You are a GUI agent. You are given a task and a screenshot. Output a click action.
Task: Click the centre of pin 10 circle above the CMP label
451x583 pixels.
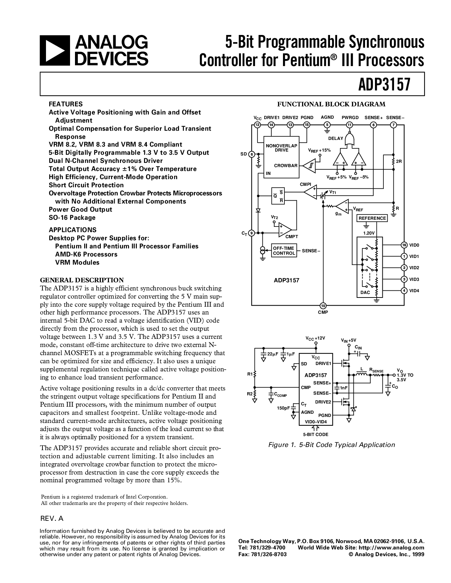pos(323,306)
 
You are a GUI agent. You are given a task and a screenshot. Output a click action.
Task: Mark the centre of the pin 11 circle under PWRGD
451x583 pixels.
pos(349,125)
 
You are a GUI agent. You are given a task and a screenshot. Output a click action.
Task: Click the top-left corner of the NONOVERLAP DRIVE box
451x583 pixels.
pos(264,136)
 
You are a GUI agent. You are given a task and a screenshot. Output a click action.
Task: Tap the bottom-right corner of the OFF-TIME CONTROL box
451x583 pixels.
pos(297,257)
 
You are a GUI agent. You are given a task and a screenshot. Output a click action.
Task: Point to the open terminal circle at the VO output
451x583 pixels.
pos(394,375)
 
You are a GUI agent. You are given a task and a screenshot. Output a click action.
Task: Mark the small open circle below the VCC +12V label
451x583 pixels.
pos(316,343)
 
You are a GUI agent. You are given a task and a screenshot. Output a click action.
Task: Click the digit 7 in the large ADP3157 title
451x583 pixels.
pos(406,84)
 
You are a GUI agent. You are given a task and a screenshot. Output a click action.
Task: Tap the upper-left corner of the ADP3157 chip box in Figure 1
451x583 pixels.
pos(300,353)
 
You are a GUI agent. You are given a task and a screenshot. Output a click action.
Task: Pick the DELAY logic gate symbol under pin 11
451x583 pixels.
pos(349,140)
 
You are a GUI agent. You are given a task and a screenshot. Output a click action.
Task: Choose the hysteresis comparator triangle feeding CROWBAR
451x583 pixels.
pos(309,166)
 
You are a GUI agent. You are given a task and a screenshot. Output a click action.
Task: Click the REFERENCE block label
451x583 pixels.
pos(372,218)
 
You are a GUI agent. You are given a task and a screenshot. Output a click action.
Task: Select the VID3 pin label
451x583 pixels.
pos(414,279)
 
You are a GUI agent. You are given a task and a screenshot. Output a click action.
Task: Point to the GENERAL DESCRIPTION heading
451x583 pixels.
pos(82,280)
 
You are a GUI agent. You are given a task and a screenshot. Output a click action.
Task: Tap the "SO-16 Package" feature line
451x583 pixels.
pos(72,217)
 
